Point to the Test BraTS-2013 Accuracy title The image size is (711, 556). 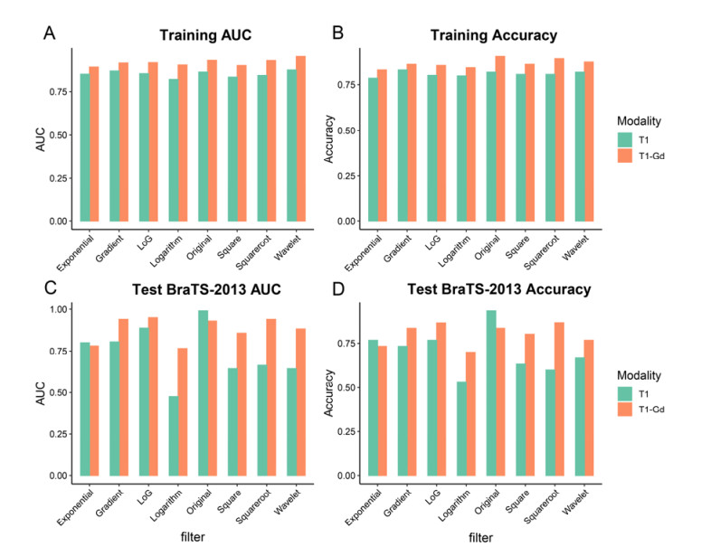500,290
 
